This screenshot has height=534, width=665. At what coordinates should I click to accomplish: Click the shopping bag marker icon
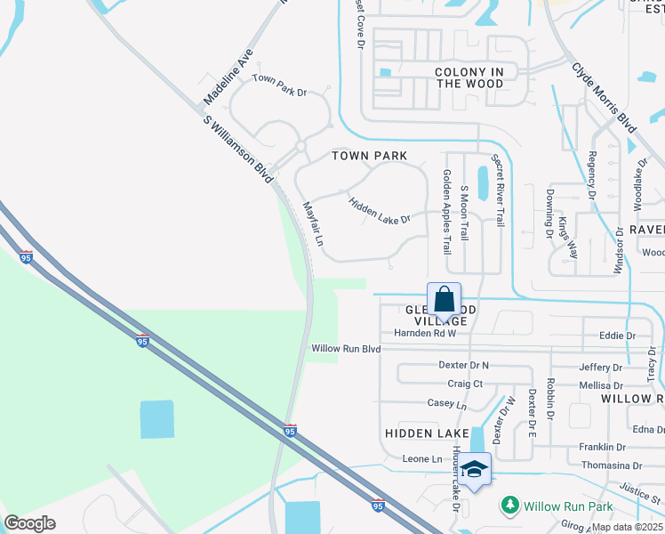click(444, 299)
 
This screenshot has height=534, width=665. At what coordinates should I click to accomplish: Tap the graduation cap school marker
click(475, 469)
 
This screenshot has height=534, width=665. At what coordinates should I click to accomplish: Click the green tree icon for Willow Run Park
click(509, 506)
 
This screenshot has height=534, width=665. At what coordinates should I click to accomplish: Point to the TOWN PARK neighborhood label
click(370, 156)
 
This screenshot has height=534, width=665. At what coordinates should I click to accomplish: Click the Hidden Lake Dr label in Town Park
click(379, 211)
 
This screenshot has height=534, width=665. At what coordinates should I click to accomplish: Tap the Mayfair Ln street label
click(313, 222)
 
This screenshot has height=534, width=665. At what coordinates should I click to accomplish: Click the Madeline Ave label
click(228, 77)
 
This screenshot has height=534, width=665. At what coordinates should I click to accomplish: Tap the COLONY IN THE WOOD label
click(469, 77)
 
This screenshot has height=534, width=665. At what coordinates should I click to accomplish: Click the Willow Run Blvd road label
click(346, 349)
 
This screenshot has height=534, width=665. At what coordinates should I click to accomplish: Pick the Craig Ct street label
click(465, 384)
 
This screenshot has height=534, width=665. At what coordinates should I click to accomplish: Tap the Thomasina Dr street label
click(611, 465)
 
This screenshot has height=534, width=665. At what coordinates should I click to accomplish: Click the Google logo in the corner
click(29, 523)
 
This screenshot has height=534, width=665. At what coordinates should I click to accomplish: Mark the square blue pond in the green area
click(158, 419)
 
